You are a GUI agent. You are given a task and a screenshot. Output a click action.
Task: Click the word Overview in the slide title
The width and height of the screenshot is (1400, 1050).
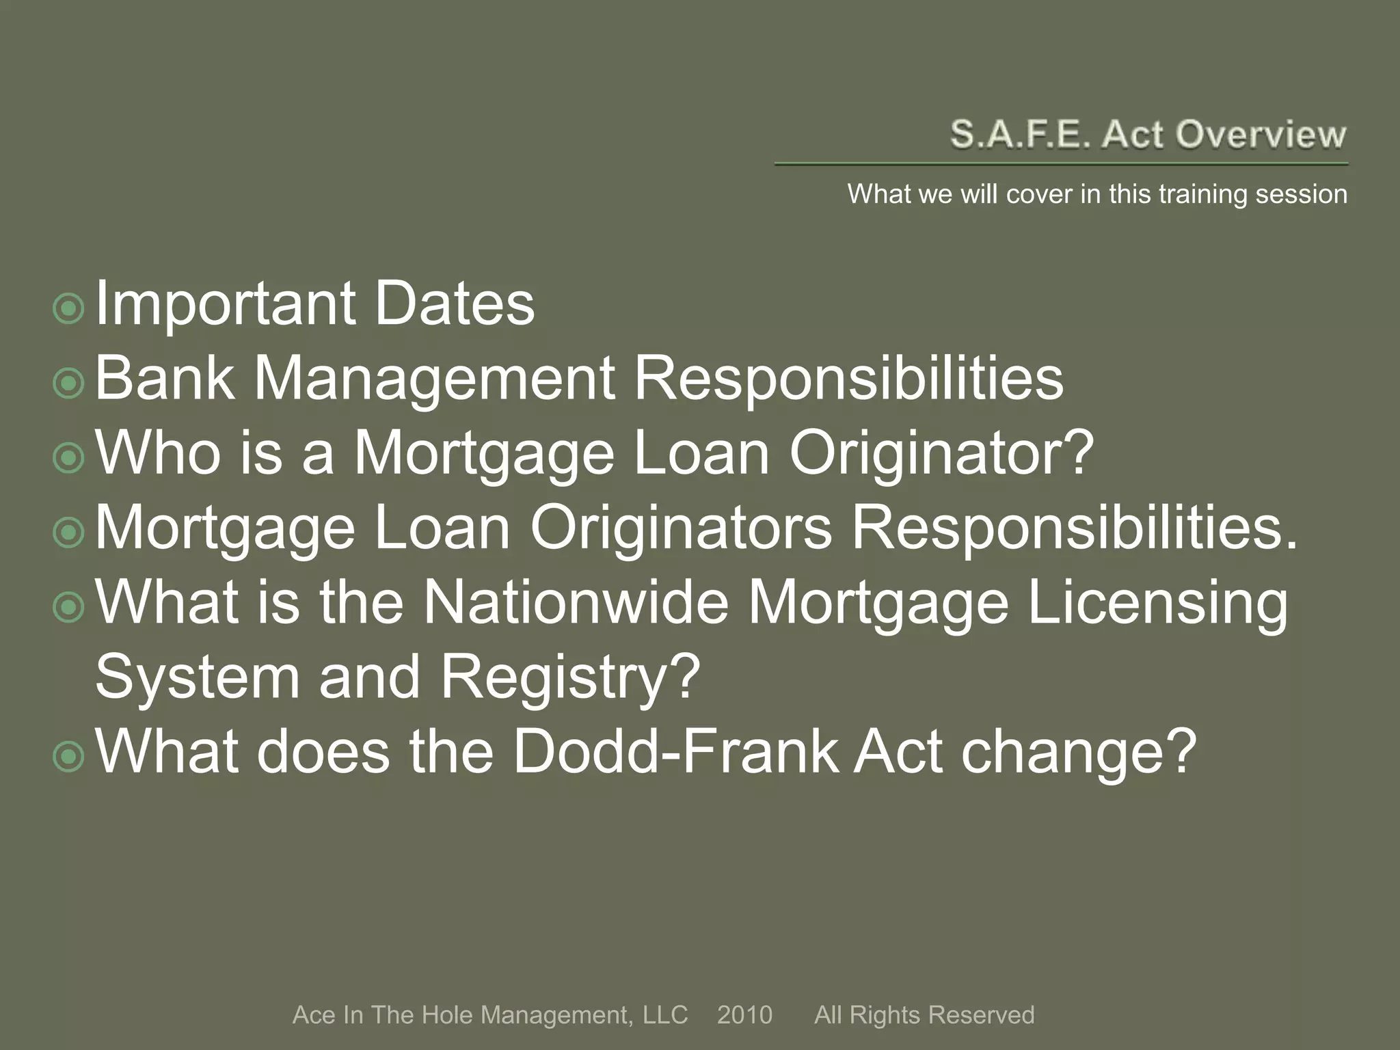tap(1261, 134)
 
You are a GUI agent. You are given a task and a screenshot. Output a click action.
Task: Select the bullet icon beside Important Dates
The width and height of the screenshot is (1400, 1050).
tap(68, 309)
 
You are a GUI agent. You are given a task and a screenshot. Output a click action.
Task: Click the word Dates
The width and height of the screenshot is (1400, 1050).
tap(455, 304)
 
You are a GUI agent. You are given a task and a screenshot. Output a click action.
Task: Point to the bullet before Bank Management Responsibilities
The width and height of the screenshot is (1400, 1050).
tap(68, 384)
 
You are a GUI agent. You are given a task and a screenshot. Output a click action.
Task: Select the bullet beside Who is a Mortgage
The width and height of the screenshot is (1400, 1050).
tap(68, 459)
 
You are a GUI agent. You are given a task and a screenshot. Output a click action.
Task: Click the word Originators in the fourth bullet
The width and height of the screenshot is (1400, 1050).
tap(681, 528)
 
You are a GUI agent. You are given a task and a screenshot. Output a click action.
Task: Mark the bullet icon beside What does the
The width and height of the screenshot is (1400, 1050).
tap(68, 757)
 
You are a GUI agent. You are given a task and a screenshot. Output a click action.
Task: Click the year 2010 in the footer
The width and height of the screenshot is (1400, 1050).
tap(744, 1015)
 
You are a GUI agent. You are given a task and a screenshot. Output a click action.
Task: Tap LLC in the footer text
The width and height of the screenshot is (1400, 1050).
tap(664, 1015)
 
